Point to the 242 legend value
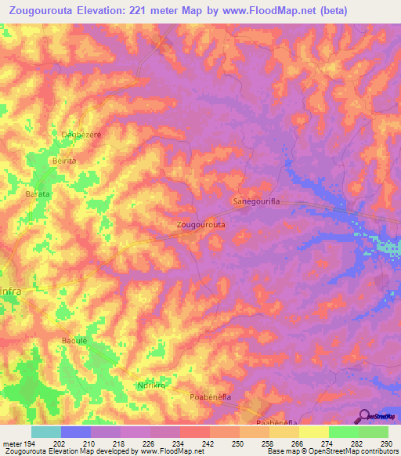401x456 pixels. point(208,443)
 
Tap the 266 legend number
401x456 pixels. point(298,443)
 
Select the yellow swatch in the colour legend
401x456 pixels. point(313,432)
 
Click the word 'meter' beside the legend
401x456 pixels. point(11,443)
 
